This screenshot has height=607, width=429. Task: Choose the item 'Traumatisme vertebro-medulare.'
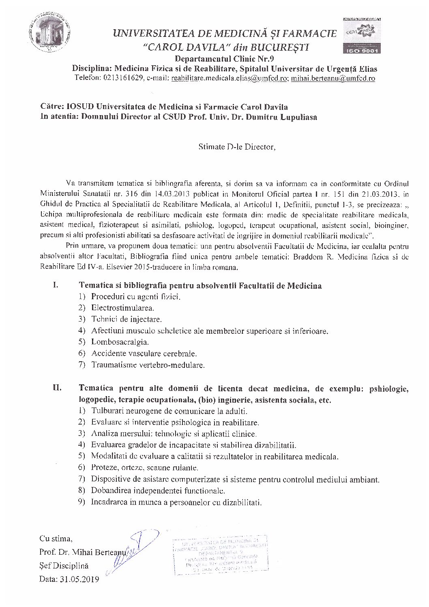[x=148, y=365]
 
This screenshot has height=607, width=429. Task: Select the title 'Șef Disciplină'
[x=64, y=566]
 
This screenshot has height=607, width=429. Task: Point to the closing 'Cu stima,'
[x=56, y=539]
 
